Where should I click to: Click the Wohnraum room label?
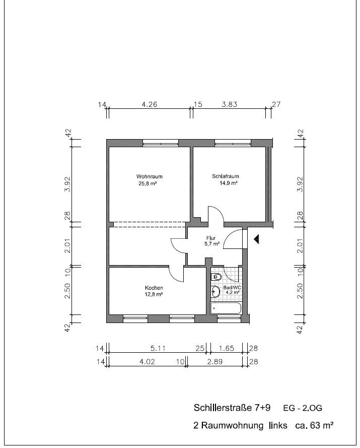pyautogui.click(x=150, y=176)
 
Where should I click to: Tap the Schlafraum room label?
pyautogui.click(x=225, y=176)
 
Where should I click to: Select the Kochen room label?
pyautogui.click(x=154, y=288)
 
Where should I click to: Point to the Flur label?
pyautogui.click(x=211, y=238)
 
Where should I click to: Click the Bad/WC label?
pyautogui.click(x=232, y=287)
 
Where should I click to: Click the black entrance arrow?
pyautogui.click(x=256, y=239)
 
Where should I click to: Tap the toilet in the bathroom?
pyautogui.click(x=216, y=277)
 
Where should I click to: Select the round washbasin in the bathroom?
pyautogui.click(x=215, y=292)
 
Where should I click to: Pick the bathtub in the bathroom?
pyautogui.click(x=226, y=308)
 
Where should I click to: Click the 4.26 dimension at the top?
pyautogui.click(x=150, y=104)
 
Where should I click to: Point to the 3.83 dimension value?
pyautogui.click(x=229, y=104)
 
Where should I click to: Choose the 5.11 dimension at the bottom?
pyautogui.click(x=158, y=348)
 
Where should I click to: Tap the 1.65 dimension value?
pyautogui.click(x=226, y=348)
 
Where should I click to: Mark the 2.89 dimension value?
pyautogui.click(x=214, y=362)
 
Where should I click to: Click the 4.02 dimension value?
pyautogui.click(x=147, y=362)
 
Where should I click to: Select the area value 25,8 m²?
pyautogui.click(x=148, y=183)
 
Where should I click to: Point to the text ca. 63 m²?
pyautogui.click(x=314, y=425)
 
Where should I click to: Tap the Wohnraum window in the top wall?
pyautogui.click(x=161, y=143)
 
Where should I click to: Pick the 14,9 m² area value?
pyautogui.click(x=229, y=183)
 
